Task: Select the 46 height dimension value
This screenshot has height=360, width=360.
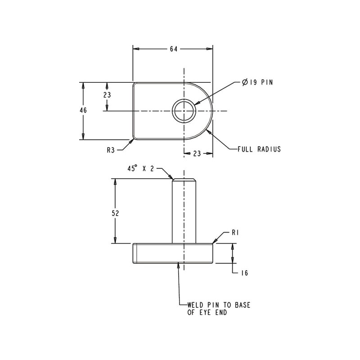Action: (83, 110)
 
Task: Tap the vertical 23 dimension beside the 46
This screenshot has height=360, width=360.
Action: (107, 95)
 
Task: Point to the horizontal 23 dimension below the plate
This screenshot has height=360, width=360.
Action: (197, 153)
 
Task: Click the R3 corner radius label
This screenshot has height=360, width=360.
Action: (111, 150)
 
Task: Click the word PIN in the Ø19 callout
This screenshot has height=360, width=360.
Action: (266, 82)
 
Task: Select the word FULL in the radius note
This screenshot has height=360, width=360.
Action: (245, 149)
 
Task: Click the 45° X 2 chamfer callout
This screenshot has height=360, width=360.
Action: (140, 168)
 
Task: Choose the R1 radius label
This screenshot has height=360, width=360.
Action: (235, 233)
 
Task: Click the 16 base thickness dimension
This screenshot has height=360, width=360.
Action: (244, 273)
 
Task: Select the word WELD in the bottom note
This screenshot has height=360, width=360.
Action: (196, 305)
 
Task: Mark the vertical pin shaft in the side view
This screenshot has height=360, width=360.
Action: (184, 211)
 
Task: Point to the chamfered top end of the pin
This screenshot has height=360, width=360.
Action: (184, 180)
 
